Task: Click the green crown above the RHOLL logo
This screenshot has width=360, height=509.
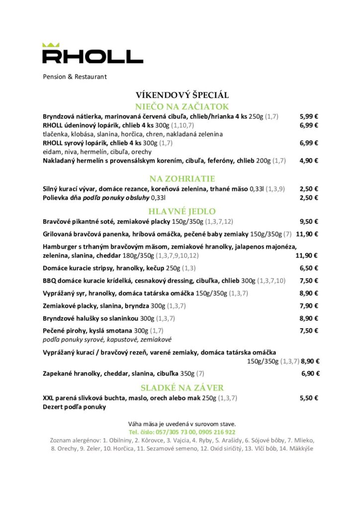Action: pyautogui.click(x=51, y=45)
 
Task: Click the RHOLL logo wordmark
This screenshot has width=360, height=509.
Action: pyautogui.click(x=92, y=56)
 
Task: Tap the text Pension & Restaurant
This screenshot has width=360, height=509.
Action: pyautogui.click(x=75, y=77)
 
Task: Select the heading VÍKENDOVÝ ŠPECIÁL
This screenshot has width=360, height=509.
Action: pyautogui.click(x=182, y=95)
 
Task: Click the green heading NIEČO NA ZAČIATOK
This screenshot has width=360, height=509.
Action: pyautogui.click(x=182, y=106)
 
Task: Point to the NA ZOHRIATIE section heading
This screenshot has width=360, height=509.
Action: pyautogui.click(x=182, y=178)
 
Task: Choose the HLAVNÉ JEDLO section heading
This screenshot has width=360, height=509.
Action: pyautogui.click(x=182, y=211)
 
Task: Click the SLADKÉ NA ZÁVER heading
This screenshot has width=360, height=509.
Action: pyautogui.click(x=182, y=388)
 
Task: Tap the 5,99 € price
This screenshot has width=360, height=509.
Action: pyautogui.click(x=309, y=116)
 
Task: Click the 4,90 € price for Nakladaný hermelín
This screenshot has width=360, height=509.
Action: pyautogui.click(x=309, y=161)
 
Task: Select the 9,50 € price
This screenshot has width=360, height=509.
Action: pyautogui.click(x=309, y=221)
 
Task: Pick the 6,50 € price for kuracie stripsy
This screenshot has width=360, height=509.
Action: pyautogui.click(x=309, y=268)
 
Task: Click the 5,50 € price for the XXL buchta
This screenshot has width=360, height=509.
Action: pyautogui.click(x=309, y=398)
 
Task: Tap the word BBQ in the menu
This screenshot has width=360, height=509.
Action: pyautogui.click(x=49, y=280)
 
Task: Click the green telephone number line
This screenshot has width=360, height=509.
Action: pyautogui.click(x=182, y=432)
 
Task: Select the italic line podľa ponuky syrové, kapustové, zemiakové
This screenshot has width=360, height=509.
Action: pyautogui.click(x=107, y=339)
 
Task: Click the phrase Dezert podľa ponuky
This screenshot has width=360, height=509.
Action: pyautogui.click(x=74, y=407)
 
